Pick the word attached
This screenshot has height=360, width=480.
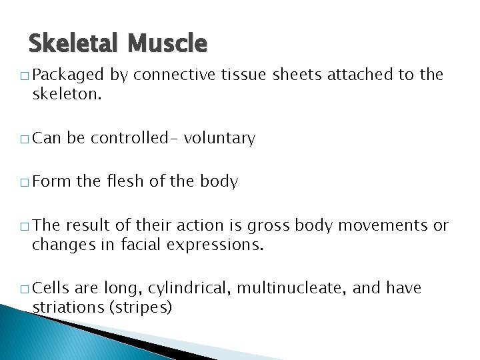click(363, 75)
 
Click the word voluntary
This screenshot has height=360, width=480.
click(219, 139)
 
